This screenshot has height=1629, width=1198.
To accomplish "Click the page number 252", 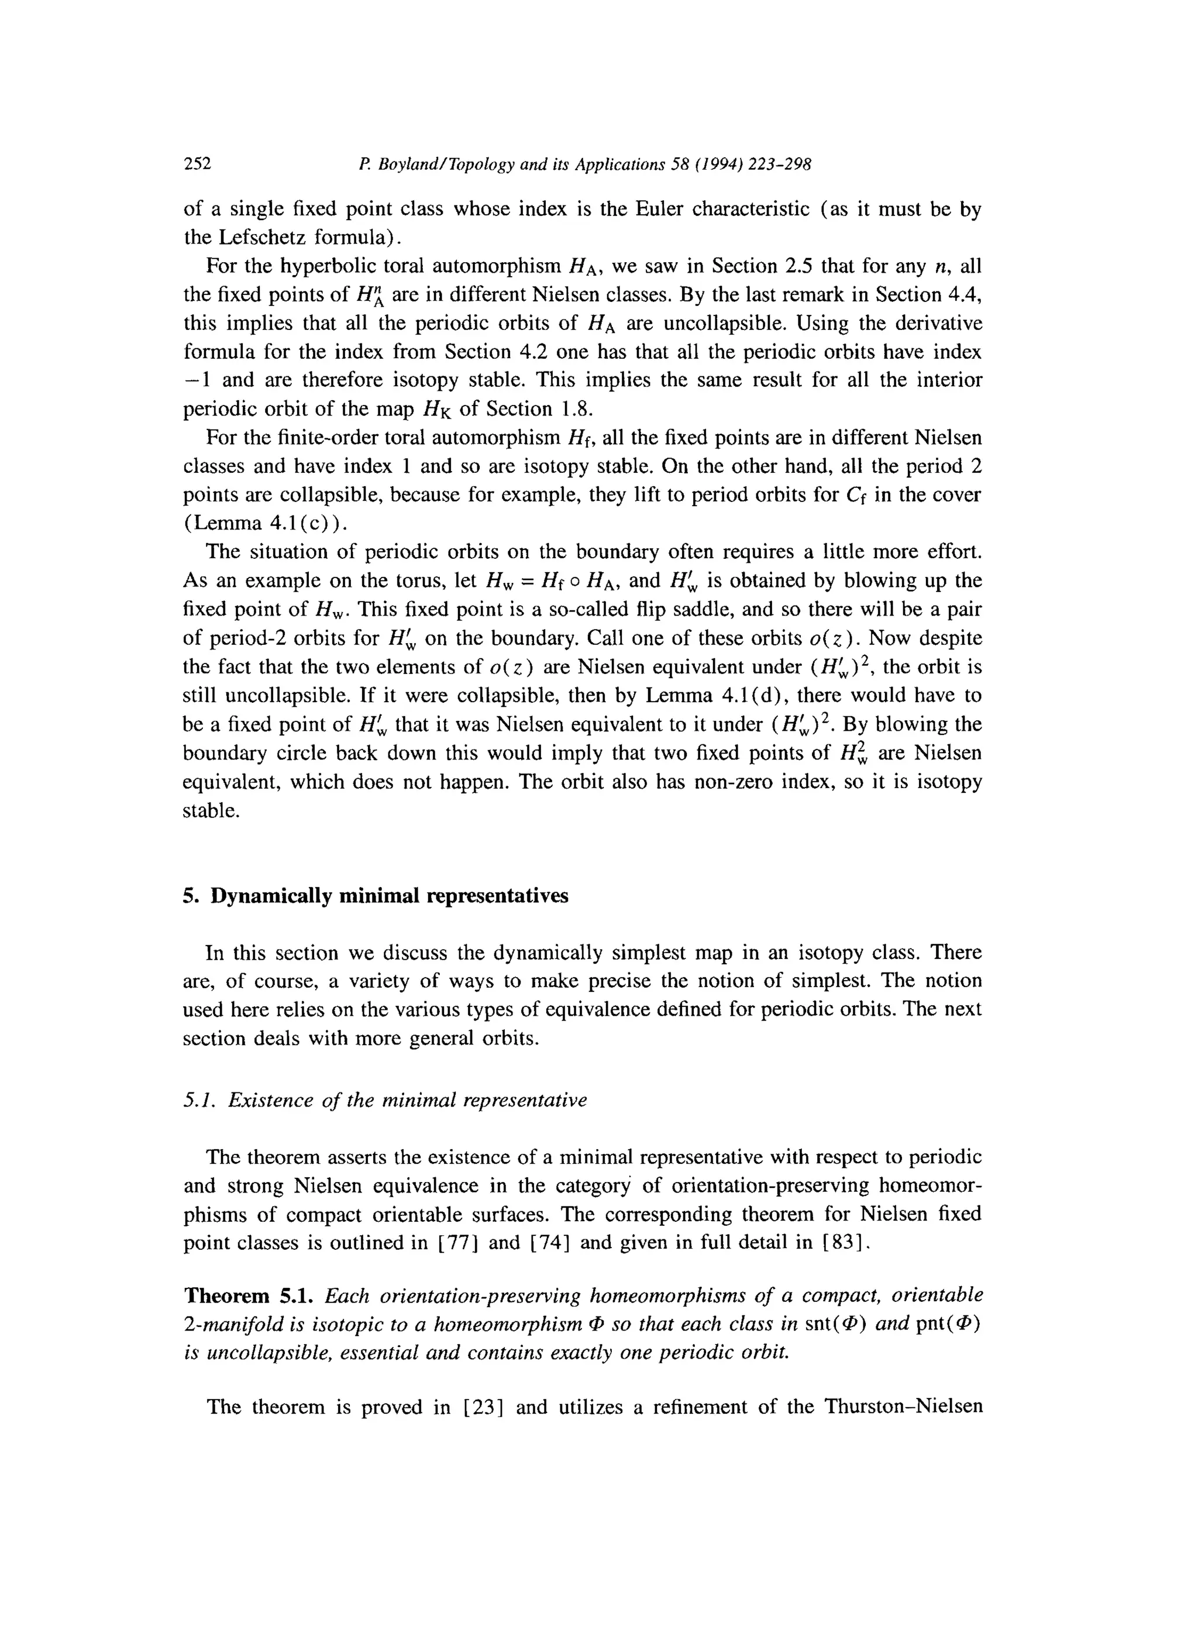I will point(197,163).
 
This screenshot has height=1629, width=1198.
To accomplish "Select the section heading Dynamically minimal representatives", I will point(390,896).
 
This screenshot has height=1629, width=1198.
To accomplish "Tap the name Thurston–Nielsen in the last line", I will point(903,1408).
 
